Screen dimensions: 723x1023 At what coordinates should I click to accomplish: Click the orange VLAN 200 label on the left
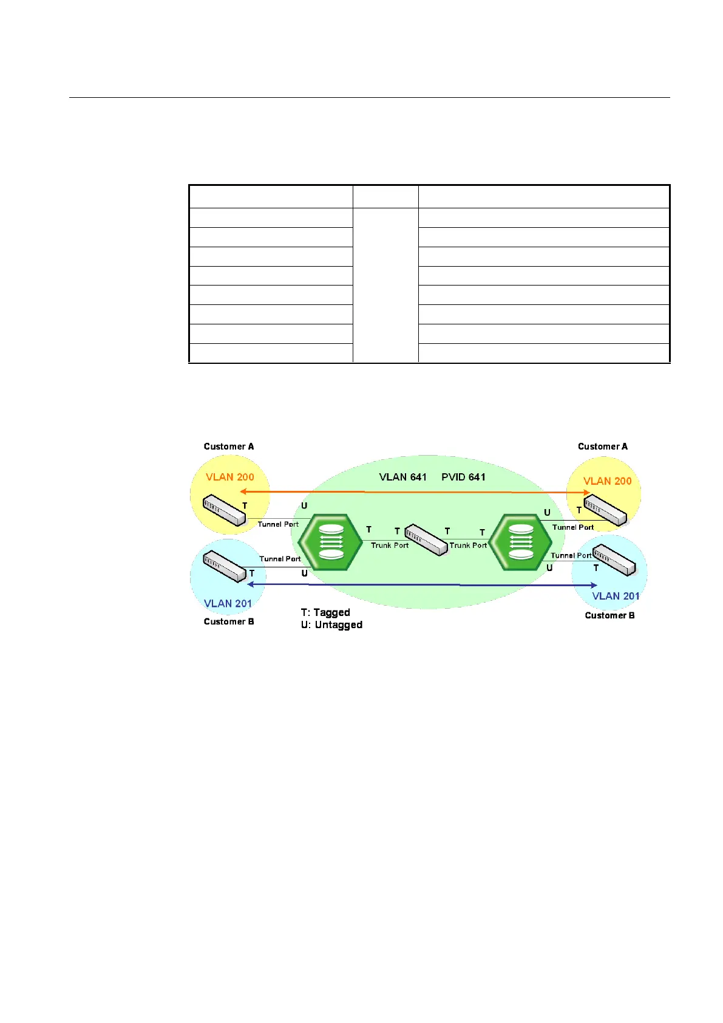pos(229,477)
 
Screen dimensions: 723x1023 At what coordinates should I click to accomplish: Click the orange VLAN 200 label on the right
pos(607,481)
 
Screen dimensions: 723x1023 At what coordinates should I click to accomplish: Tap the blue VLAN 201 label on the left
pos(228,603)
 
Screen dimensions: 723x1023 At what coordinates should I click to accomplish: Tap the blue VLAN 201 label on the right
pos(616,596)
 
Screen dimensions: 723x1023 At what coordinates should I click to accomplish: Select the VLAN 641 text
pos(402,477)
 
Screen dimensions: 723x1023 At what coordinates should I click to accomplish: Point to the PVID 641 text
pos(463,477)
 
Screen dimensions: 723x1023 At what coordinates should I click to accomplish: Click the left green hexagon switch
pos(331,542)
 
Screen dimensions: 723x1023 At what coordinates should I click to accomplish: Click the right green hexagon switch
pos(520,542)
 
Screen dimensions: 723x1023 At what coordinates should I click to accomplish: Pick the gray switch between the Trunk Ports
pos(426,539)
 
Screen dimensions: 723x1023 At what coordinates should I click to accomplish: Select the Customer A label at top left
pos(229,446)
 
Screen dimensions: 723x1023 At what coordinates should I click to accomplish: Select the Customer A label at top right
pos(602,446)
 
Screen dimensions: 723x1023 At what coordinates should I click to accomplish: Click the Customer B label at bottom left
pos(229,621)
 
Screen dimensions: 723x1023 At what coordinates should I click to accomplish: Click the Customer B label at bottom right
pos(609,615)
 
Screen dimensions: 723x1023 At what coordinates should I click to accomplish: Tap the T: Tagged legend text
pos(325,612)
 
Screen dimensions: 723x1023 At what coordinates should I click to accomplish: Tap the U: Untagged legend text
pos(331,624)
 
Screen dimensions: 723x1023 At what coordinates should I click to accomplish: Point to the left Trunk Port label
pos(390,546)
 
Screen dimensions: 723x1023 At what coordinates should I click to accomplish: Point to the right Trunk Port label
pos(468,546)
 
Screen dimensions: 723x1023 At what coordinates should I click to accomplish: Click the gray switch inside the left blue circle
pos(224,566)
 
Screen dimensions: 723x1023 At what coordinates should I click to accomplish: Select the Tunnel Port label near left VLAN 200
pos(278,524)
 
